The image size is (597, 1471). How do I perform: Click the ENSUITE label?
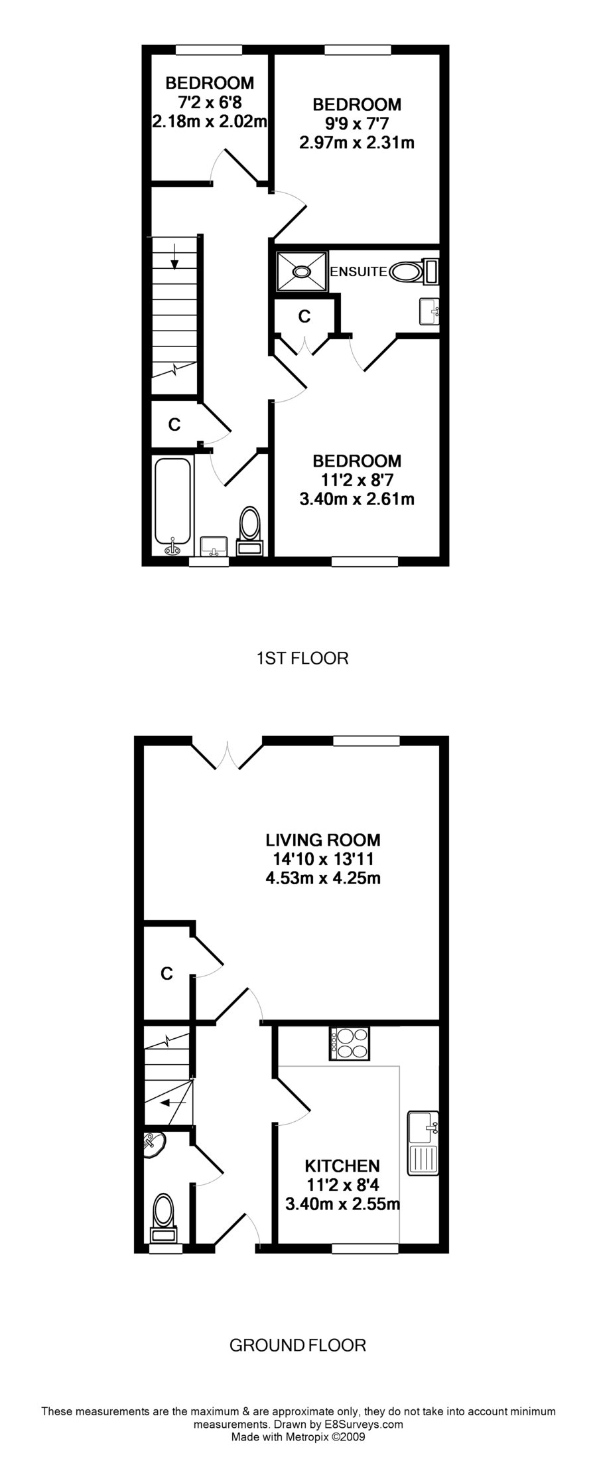tap(358, 271)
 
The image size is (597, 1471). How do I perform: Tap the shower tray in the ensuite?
tap(302, 271)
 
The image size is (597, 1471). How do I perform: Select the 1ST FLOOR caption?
tap(302, 658)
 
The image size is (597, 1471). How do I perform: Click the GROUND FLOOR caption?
tap(297, 1346)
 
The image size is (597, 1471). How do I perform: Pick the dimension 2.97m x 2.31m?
tap(357, 142)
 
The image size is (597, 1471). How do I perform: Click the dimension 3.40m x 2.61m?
tap(357, 499)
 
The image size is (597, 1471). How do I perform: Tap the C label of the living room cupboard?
tap(167, 973)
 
